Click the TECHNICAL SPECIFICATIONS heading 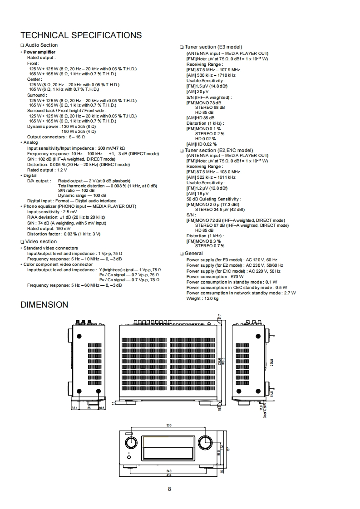[x=81, y=35]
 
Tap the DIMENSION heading [x=44, y=305]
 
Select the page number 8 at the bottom [x=169, y=489]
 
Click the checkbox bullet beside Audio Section [x=22, y=45]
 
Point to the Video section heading [x=41, y=242]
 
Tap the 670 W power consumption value [x=236, y=277]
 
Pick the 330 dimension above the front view [x=168, y=426]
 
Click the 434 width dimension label [x=168, y=475]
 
